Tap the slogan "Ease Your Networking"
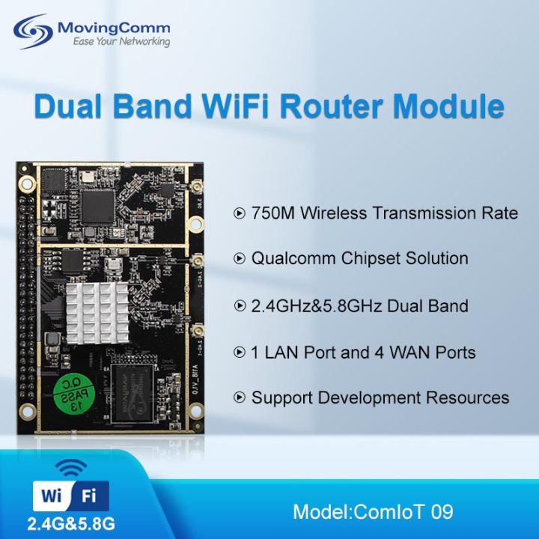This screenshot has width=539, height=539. tap(121, 42)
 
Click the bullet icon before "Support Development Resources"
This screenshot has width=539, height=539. tap(240, 398)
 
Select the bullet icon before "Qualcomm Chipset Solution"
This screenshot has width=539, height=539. tap(240, 259)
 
